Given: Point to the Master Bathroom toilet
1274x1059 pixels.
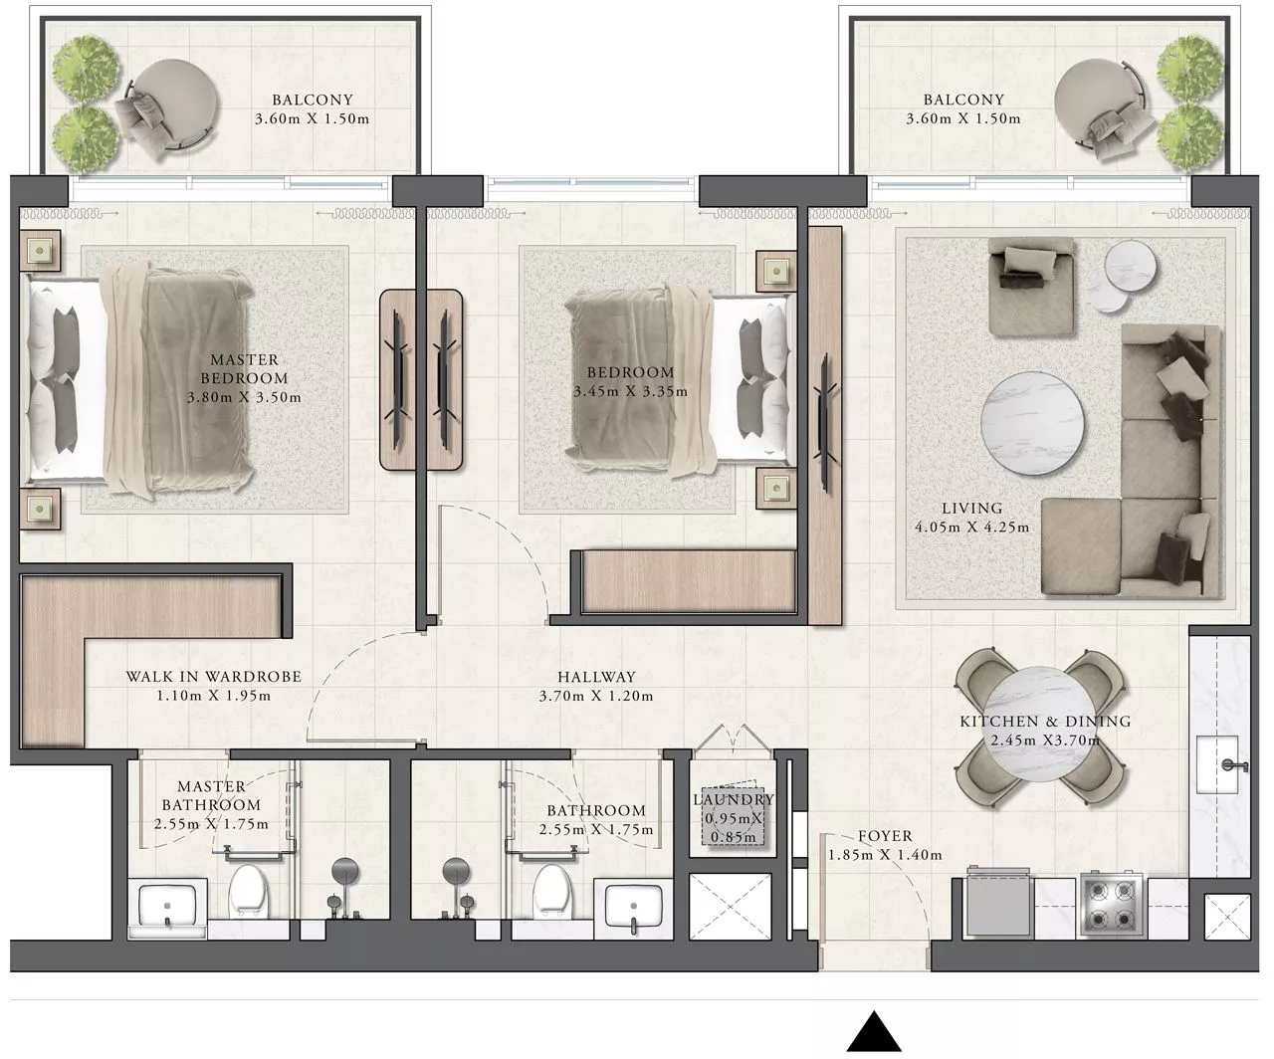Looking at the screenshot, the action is point(249,891).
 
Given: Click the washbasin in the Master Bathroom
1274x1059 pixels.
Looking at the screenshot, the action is point(167,907).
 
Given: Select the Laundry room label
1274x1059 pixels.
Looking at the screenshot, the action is point(734,799).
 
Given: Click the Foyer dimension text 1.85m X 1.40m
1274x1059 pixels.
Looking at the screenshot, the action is point(885,855).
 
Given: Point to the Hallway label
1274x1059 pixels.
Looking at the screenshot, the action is point(596,677).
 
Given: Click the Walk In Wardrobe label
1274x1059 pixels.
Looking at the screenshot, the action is point(214,677).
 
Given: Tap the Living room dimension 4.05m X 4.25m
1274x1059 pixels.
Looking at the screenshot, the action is point(971,528).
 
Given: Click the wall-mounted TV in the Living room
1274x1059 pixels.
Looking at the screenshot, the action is point(825,423).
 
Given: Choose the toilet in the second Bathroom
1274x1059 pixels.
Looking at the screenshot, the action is point(553,891).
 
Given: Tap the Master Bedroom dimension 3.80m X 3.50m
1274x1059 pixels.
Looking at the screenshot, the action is point(244,398).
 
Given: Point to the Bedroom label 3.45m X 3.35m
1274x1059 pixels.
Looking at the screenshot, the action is point(630,382).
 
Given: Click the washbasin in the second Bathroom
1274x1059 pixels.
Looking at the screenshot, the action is point(633,907).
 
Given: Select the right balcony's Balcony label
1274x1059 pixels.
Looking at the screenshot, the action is point(963,100).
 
